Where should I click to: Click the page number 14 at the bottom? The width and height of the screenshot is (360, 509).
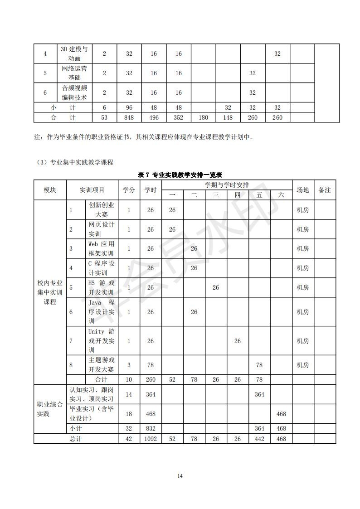(180, 475)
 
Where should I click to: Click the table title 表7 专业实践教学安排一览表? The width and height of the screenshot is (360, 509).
(180, 175)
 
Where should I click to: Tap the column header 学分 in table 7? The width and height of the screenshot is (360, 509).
(129, 190)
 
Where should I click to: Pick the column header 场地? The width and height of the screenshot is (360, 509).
(302, 190)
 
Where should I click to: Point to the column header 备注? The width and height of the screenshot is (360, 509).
(325, 190)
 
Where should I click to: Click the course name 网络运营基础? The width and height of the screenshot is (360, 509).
(74, 73)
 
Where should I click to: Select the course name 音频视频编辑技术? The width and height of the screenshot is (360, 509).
(74, 92)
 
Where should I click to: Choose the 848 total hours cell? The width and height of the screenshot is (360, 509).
(129, 117)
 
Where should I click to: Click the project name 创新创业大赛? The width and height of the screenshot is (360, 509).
(102, 210)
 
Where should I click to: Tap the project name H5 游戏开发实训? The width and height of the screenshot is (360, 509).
(102, 287)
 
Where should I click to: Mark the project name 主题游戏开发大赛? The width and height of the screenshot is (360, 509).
(102, 364)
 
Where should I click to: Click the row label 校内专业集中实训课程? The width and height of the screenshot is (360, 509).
(50, 292)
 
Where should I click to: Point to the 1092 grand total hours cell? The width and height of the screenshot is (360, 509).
(151, 439)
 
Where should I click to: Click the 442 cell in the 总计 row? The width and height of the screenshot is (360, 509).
(259, 439)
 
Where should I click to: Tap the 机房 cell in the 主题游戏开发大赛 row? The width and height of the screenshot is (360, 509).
(302, 364)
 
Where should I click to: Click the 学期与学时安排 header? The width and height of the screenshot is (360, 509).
(226, 185)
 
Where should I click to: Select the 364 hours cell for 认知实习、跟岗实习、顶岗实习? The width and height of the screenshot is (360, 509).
(151, 394)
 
